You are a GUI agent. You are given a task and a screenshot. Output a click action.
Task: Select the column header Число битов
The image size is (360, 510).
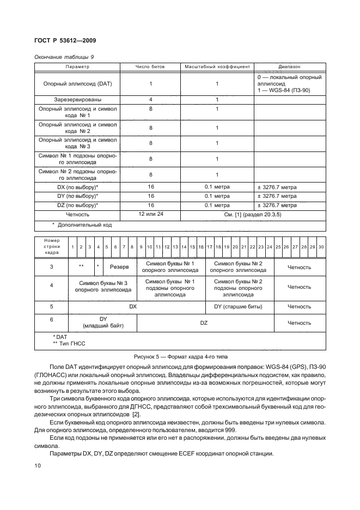(x=150, y=66)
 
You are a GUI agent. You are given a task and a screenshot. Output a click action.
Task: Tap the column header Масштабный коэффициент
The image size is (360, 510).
(x=217, y=66)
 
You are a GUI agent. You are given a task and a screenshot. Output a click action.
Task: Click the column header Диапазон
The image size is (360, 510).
(x=289, y=66)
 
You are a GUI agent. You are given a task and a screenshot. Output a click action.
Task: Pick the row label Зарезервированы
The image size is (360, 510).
(x=78, y=100)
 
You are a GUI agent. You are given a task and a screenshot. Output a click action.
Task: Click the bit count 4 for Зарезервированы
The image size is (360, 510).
(x=150, y=100)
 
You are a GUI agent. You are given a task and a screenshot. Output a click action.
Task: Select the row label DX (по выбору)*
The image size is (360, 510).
(x=78, y=187)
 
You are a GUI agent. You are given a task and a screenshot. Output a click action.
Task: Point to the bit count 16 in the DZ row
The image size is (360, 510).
(x=150, y=205)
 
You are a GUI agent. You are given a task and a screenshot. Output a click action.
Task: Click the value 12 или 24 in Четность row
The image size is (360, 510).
(x=150, y=214)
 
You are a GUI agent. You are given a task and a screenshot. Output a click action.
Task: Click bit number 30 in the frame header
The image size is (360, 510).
(x=321, y=247)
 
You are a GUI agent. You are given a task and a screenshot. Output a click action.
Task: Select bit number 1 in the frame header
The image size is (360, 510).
(x=72, y=247)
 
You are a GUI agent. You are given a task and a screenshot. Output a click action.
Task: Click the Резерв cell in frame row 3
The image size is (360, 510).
(x=119, y=268)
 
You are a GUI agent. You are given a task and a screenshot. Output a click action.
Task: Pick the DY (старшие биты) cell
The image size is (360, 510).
(x=239, y=307)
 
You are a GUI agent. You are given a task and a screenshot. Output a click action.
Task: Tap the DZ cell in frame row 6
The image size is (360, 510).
(x=204, y=323)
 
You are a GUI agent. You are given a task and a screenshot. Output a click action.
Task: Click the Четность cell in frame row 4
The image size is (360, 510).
(x=299, y=287)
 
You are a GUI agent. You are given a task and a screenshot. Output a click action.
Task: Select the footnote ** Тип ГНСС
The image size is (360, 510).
(x=65, y=344)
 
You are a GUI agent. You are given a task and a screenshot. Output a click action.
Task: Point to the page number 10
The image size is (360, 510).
(x=38, y=466)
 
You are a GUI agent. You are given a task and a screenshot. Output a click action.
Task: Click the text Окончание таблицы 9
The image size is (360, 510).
(x=64, y=56)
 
